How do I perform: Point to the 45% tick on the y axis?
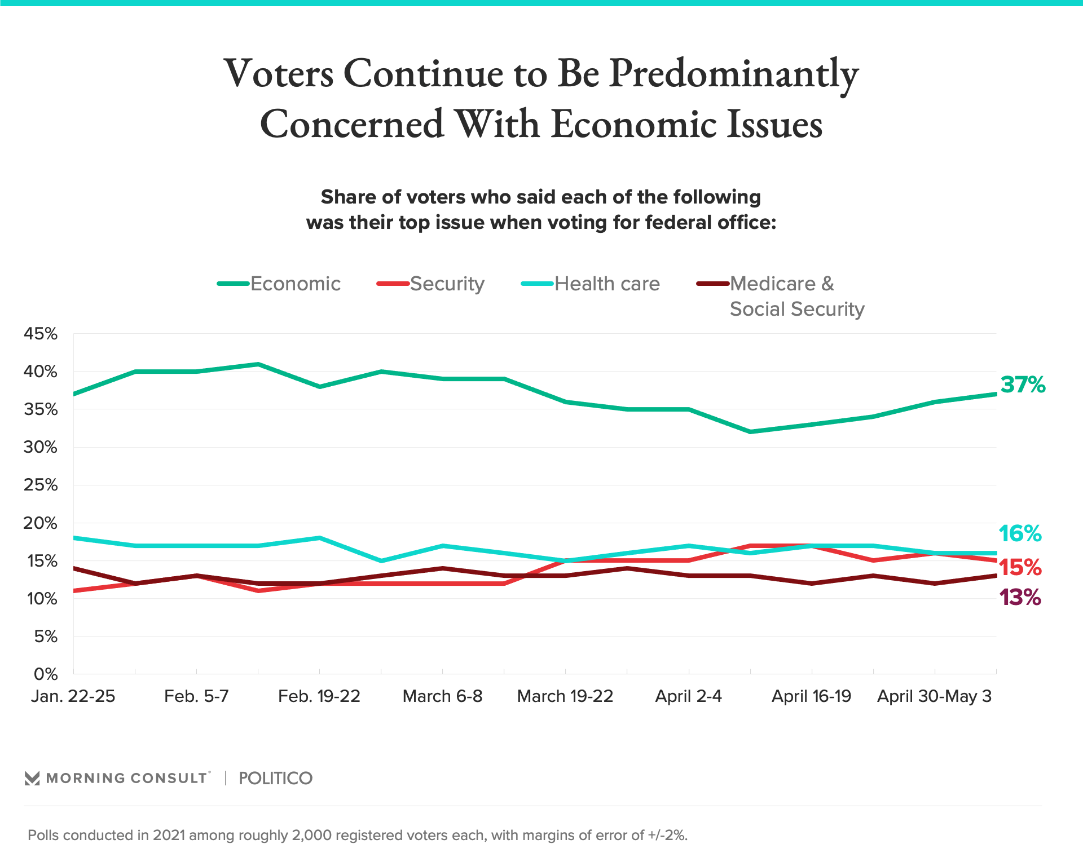coord(41,334)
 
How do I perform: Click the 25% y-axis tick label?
coord(41,485)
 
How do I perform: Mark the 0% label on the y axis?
coord(46,674)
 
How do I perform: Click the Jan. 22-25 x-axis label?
coord(73,696)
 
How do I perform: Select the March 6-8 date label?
coord(442,696)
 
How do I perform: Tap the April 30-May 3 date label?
coord(934,696)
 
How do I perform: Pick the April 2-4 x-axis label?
coord(688,696)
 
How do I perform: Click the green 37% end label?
coord(1023,385)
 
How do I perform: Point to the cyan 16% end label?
coord(1020,533)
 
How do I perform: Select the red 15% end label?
coord(1020,567)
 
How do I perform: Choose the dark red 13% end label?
coord(1020,598)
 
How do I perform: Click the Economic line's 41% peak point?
coord(258,364)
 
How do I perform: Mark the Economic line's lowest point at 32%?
coord(750,432)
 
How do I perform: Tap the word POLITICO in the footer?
coord(275,779)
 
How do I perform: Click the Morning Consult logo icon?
coord(32,779)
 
